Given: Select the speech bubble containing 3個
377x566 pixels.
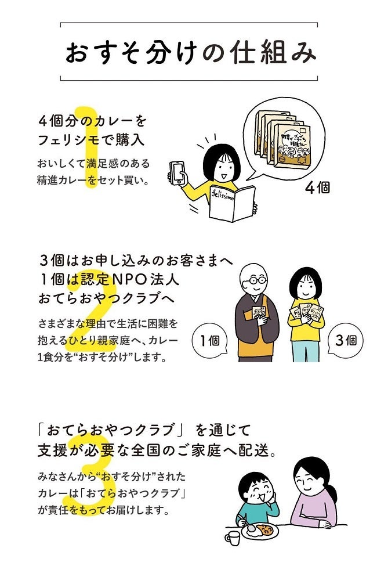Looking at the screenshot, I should pyautogui.click(x=346, y=340).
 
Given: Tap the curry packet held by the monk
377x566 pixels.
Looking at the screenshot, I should pyautogui.click(x=259, y=314).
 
